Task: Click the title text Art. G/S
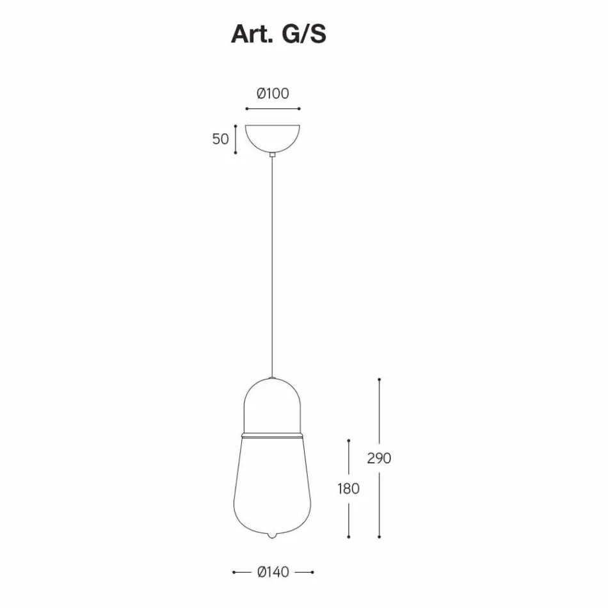(278, 34)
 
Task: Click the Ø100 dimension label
(273, 93)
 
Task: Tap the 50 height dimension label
(221, 139)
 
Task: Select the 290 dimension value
(379, 458)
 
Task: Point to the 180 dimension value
(349, 488)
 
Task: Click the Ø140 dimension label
(273, 572)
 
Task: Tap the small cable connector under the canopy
(273, 154)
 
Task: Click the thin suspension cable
(273, 267)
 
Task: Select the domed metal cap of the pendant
(272, 405)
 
